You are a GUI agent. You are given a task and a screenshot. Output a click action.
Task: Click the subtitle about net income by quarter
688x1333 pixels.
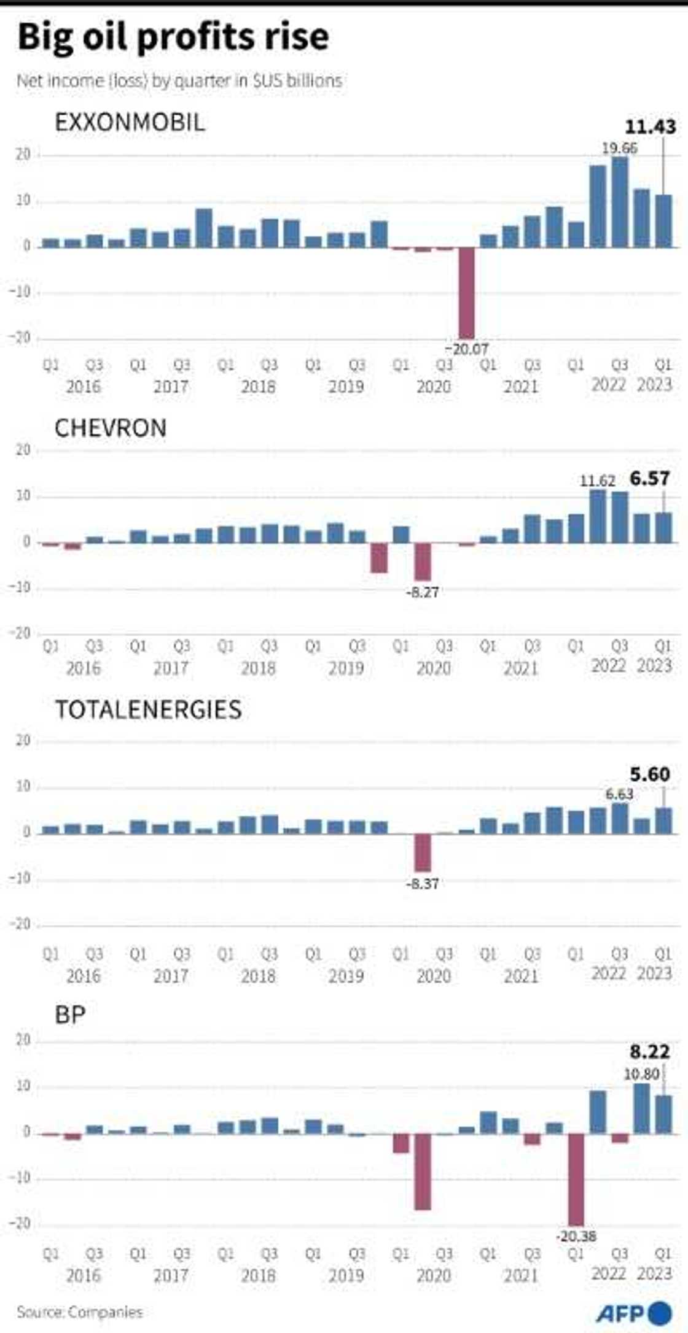point(179,81)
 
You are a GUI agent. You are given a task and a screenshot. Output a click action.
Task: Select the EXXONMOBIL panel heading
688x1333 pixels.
point(130,122)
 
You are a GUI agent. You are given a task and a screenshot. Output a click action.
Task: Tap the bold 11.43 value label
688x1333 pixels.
point(650,127)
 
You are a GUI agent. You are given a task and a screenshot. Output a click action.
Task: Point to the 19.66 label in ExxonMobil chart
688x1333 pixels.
point(619,148)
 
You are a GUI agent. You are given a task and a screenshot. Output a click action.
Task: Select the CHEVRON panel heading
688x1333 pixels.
point(111,428)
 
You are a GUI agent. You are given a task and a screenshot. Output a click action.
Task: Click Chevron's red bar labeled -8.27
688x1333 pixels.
point(423,562)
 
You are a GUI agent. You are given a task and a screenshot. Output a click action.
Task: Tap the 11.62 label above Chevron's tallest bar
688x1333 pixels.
point(597,481)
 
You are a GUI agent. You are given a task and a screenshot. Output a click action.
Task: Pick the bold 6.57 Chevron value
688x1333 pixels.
point(650,478)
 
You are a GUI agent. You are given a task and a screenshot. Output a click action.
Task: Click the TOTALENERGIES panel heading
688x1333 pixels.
point(149,709)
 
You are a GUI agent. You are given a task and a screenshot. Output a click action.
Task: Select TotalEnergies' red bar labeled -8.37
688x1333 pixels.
point(423,852)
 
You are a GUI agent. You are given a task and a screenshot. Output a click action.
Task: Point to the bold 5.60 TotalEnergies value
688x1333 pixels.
point(650,775)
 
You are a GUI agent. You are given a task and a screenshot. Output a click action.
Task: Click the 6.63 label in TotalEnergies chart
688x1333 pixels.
point(619,794)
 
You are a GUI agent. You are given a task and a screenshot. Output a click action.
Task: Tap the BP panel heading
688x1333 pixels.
point(70,1015)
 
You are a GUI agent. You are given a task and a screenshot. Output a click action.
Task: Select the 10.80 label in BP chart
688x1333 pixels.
point(641,1074)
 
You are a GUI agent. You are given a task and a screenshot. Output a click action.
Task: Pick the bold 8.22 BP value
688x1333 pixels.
point(650,1052)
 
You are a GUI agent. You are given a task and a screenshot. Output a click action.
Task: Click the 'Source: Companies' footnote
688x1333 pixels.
point(80,1312)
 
